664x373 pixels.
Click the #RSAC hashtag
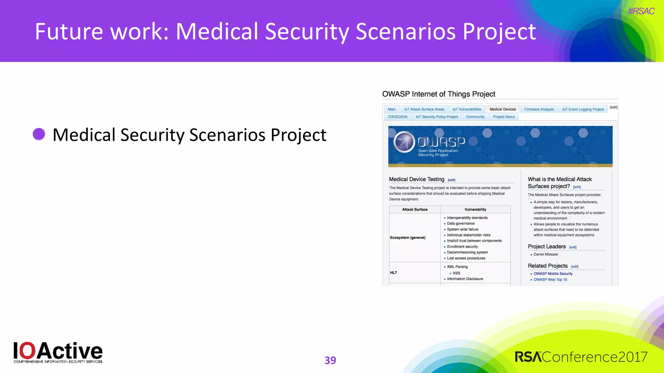tap(641, 11)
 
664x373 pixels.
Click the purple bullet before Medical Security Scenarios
tap(39, 134)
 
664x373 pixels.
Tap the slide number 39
tap(330, 360)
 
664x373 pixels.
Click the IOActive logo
tap(58, 352)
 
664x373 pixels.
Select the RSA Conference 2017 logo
tap(581, 357)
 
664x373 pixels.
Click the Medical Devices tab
tap(503, 109)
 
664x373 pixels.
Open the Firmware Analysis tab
tap(539, 109)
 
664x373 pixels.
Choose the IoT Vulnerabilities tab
tap(467, 109)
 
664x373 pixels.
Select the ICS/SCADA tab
tap(397, 117)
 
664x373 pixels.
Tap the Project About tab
tap(504, 117)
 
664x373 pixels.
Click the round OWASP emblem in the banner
tap(404, 142)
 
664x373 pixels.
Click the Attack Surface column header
tap(415, 209)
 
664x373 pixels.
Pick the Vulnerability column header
tap(475, 209)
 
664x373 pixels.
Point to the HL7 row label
tap(394, 273)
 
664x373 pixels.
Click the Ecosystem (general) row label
tap(408, 238)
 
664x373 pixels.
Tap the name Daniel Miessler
tap(546, 254)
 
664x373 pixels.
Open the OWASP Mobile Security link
tap(553, 274)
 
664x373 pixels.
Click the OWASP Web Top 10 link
tap(550, 279)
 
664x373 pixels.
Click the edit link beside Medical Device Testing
tap(451, 180)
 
